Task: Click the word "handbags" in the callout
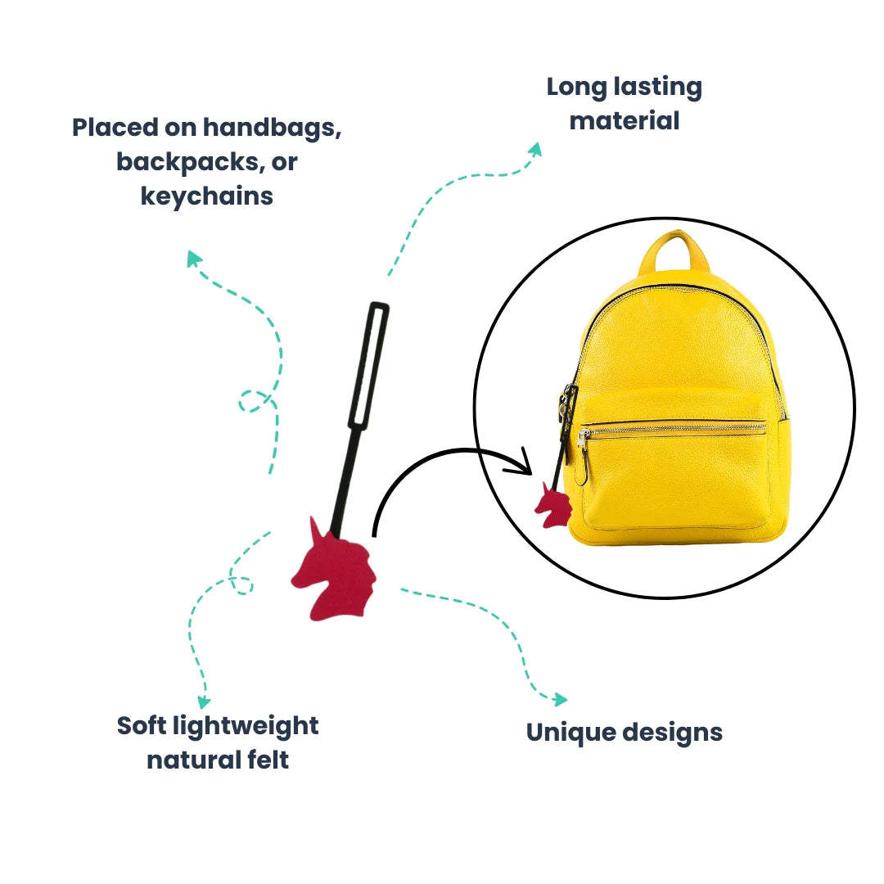[272, 128]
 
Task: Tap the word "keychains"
[207, 196]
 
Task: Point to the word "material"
[625, 121]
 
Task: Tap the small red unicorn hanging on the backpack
[554, 506]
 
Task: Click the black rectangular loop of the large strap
[368, 365]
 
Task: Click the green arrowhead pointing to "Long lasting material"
[534, 149]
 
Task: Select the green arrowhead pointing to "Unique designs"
[559, 700]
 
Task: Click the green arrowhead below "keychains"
[193, 259]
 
